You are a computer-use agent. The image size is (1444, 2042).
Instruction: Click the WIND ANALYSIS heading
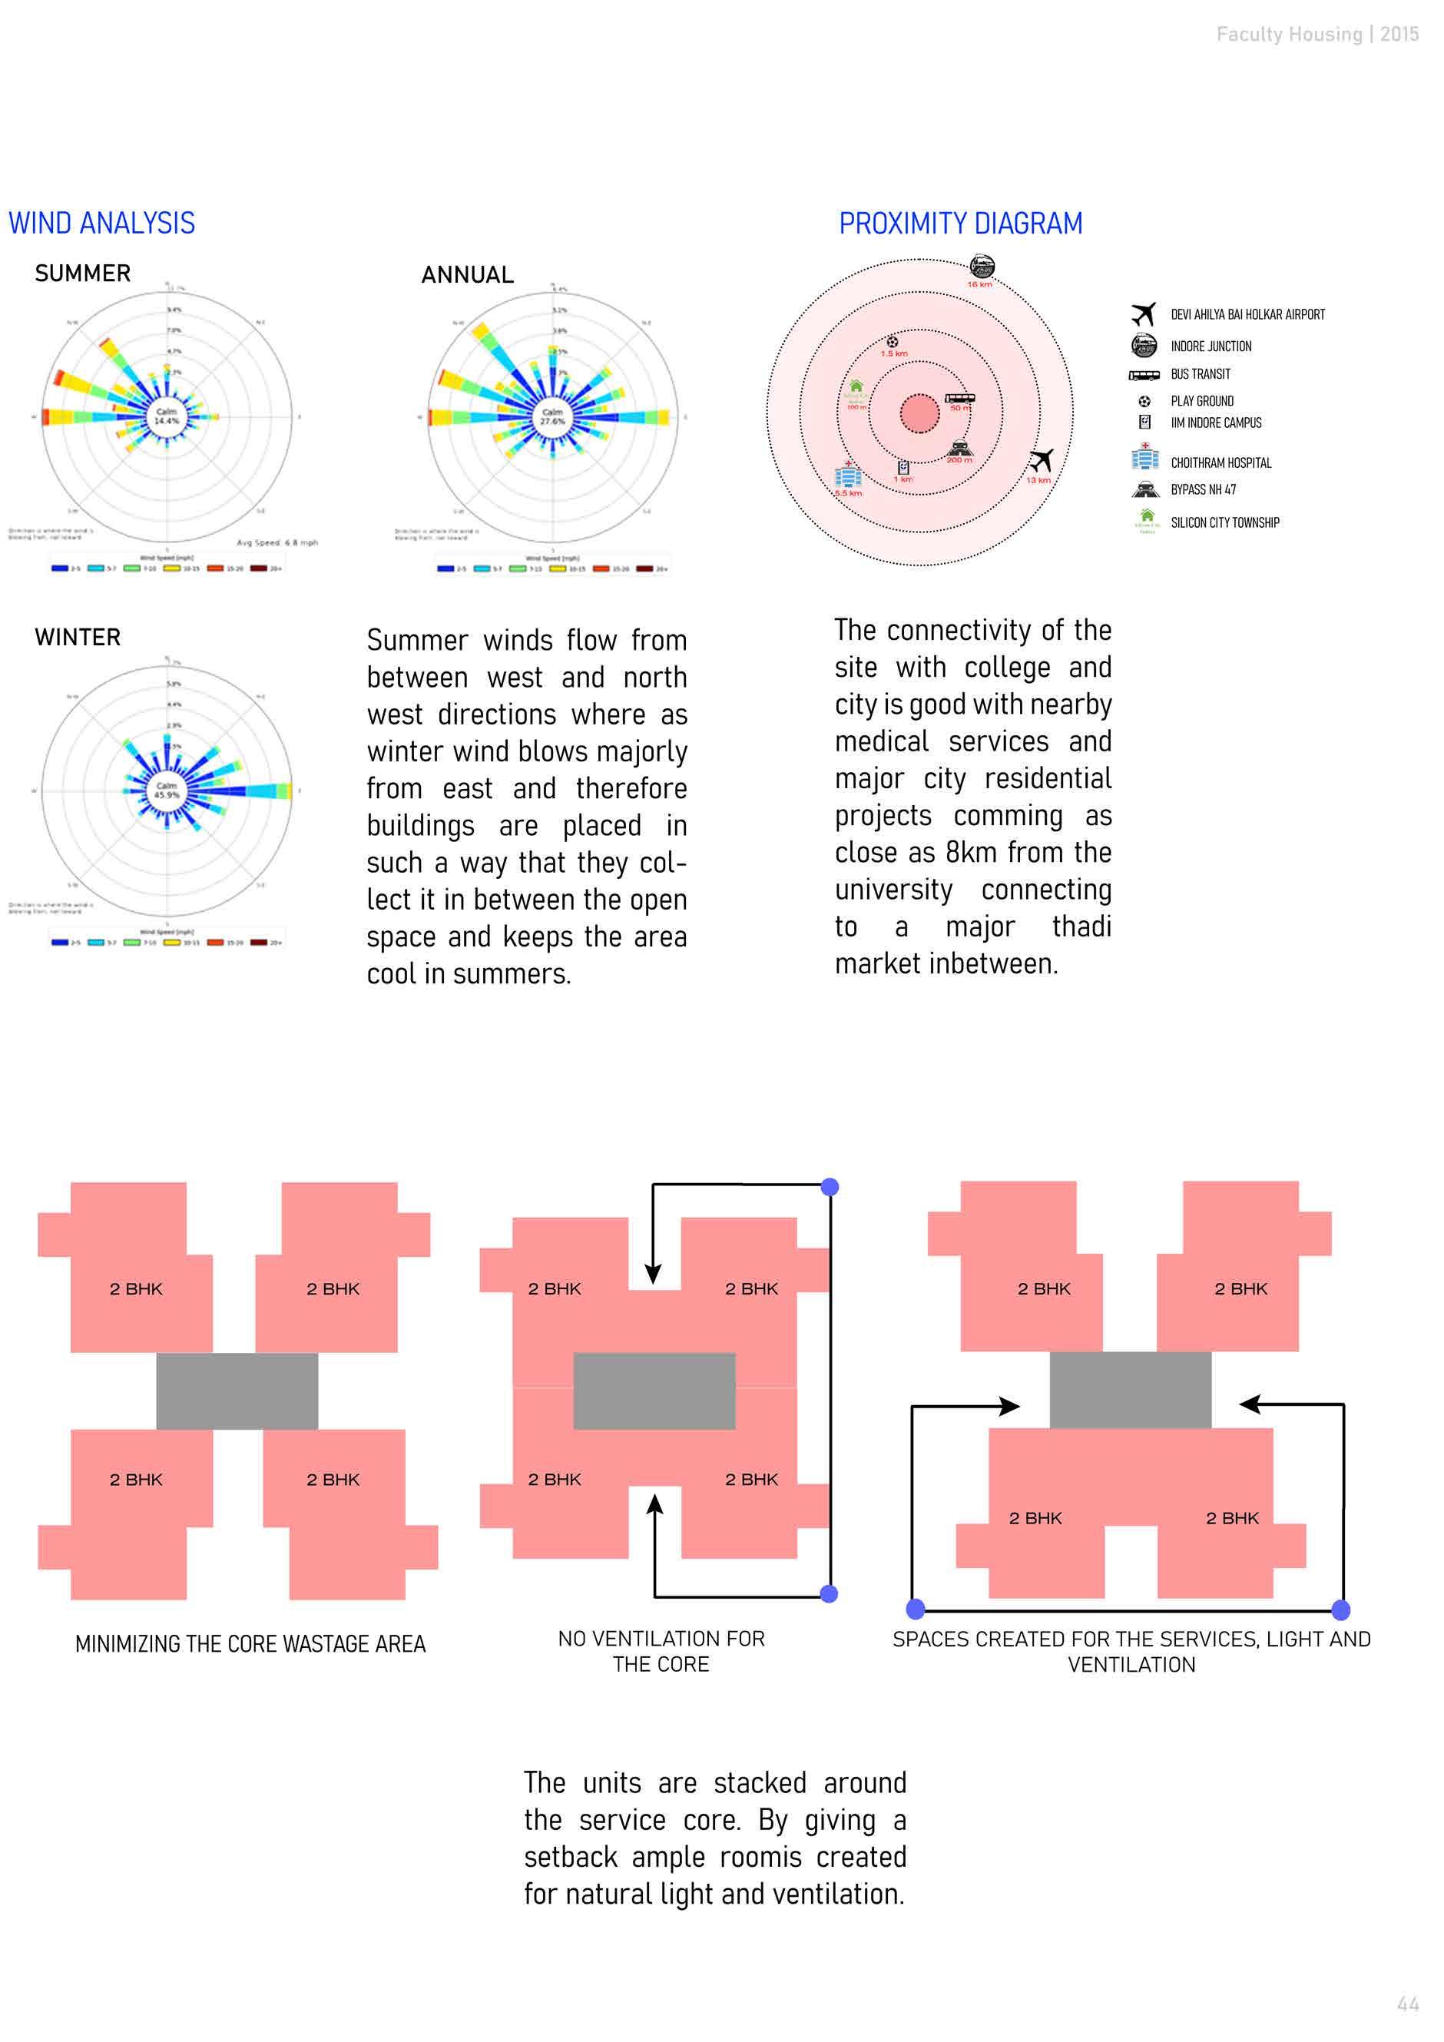tap(101, 224)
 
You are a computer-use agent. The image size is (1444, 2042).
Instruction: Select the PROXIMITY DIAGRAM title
tap(960, 224)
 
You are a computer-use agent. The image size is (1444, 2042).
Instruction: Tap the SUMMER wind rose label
tap(83, 273)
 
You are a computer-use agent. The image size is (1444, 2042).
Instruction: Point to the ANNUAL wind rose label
tap(467, 275)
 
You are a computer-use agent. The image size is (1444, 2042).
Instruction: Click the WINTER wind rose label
tap(78, 637)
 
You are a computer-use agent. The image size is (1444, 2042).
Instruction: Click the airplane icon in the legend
tap(1144, 314)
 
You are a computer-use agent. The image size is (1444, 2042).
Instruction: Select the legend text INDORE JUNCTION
tap(1211, 346)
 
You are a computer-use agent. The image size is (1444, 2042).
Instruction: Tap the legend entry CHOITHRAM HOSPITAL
tap(1220, 462)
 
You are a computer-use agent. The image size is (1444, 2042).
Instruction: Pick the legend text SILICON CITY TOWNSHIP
tap(1224, 522)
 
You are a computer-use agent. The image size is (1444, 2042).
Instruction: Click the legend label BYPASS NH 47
tap(1203, 489)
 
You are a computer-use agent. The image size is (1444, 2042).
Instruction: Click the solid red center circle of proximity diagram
tap(919, 413)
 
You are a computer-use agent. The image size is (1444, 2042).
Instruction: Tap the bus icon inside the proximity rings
tap(959, 399)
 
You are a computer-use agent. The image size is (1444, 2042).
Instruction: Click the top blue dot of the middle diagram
tap(830, 1186)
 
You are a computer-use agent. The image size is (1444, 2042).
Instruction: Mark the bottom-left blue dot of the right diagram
tap(915, 1608)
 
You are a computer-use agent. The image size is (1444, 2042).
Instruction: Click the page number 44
tap(1408, 2004)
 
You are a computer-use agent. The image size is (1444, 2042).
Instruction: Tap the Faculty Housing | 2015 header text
tap(1316, 34)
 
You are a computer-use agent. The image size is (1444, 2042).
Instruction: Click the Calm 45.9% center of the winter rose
tap(166, 790)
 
